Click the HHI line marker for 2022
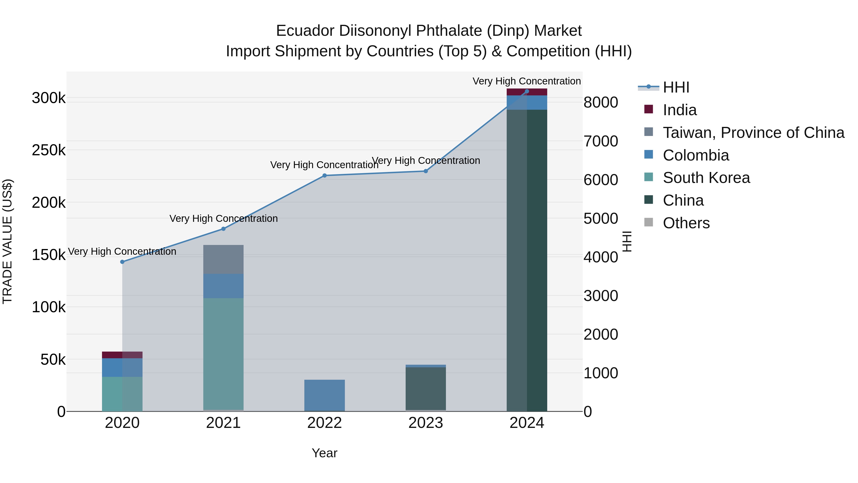click(324, 176)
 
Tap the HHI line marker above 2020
click(122, 262)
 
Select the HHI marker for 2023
click(426, 171)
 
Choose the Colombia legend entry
click(695, 155)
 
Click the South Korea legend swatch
click(649, 177)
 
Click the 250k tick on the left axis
click(49, 150)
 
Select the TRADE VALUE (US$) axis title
click(8, 241)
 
